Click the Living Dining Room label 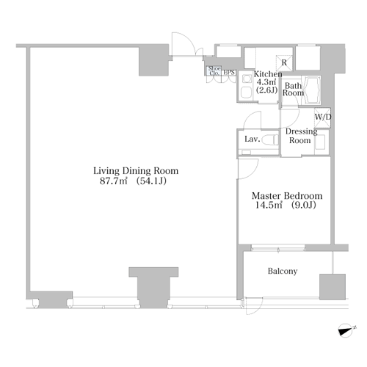click(136, 171)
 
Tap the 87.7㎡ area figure click(114, 181)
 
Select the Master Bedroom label click(287, 196)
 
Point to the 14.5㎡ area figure click(269, 205)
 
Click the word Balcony click(283, 271)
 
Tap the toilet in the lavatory click(270, 140)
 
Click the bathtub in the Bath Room click(312, 90)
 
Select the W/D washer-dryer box click(322, 117)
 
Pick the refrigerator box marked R click(284, 63)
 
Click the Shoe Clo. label click(214, 70)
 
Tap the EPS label click(229, 73)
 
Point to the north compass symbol click(346, 330)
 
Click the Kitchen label click(268, 74)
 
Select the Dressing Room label click(301, 136)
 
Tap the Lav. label click(252, 139)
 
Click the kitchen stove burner click(246, 79)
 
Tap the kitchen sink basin click(246, 92)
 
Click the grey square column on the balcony click(333, 287)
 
